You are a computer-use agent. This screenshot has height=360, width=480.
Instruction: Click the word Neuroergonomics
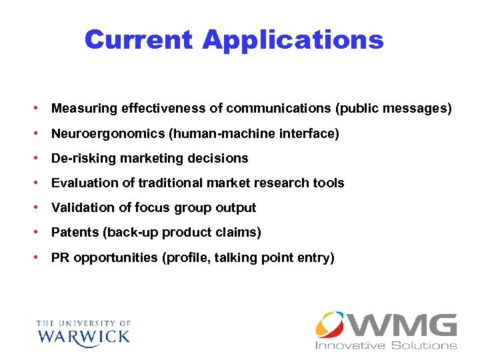(108, 134)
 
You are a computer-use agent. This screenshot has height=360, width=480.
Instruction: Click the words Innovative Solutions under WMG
(386, 345)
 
